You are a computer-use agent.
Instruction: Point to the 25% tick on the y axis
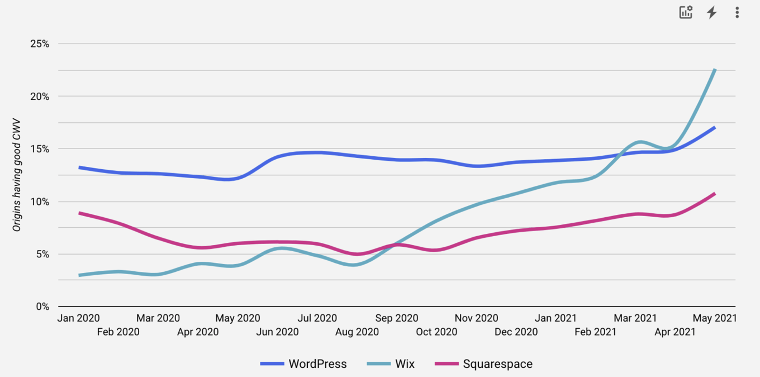tap(40, 44)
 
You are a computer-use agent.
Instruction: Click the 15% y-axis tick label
tap(40, 149)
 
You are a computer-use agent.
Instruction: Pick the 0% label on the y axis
tap(42, 307)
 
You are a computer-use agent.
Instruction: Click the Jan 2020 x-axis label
tap(79, 318)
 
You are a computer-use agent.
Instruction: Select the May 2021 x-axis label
tap(714, 318)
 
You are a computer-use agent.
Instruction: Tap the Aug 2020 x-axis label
tap(357, 332)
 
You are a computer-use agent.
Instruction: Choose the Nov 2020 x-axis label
tap(476, 318)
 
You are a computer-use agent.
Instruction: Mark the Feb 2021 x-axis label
tap(595, 332)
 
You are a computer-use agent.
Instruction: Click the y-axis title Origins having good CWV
tap(17, 175)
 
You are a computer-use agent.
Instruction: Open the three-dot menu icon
tap(737, 12)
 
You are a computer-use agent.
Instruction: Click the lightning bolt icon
tap(712, 12)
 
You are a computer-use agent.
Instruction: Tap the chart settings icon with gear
tap(685, 12)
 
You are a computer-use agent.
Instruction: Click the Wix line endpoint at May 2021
tap(715, 70)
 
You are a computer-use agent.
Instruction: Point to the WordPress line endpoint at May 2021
tap(714, 128)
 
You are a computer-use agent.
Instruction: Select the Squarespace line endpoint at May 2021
tap(714, 194)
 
